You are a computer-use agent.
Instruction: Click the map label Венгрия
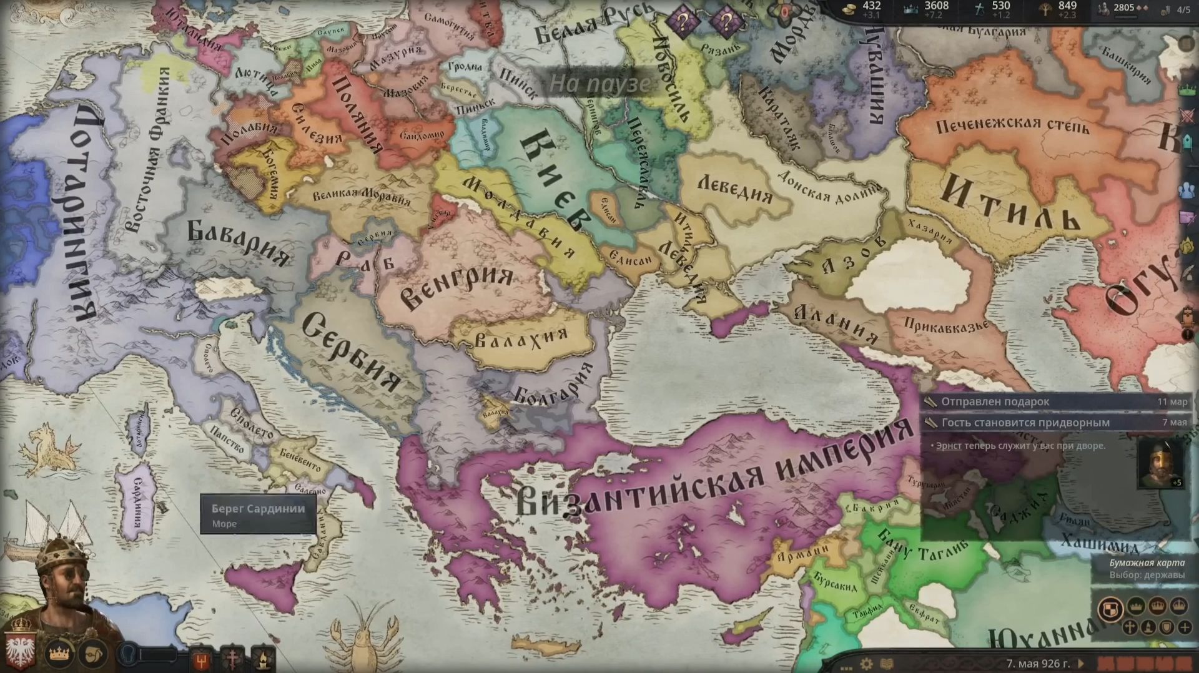click(455, 286)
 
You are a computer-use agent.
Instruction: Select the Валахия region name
click(521, 338)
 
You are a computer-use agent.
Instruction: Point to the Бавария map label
click(239, 242)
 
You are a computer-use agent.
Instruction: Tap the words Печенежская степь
click(1012, 126)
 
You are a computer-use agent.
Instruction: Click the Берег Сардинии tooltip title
click(258, 508)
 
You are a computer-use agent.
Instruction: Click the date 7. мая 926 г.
click(1037, 663)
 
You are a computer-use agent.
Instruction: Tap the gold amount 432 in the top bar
click(871, 6)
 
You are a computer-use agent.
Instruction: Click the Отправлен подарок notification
click(995, 401)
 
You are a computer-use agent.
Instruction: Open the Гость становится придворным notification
click(1025, 423)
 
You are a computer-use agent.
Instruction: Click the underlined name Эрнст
click(948, 446)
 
